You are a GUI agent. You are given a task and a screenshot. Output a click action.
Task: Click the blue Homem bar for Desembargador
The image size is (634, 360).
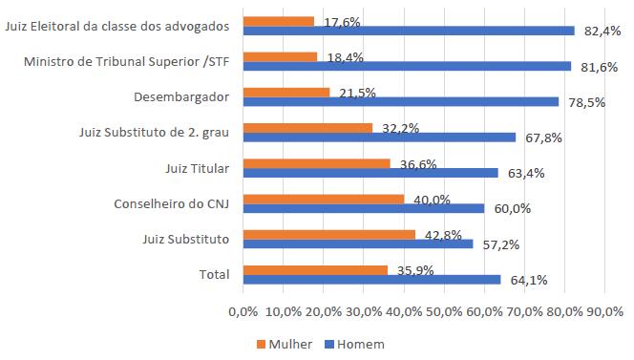click(x=401, y=101)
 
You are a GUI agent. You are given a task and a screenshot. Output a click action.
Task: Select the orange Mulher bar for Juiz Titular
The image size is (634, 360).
click(x=316, y=163)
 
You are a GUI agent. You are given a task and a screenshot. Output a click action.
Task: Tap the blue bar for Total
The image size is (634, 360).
click(x=371, y=280)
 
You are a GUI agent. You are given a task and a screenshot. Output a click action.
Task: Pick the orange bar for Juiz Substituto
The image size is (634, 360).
click(x=328, y=235)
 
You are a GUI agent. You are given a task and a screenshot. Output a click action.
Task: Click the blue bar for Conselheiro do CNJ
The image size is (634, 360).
click(x=364, y=208)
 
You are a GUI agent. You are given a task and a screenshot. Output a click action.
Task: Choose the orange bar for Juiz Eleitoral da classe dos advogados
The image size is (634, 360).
click(x=278, y=21)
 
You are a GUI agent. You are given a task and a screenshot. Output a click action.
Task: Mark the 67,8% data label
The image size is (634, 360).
click(x=543, y=138)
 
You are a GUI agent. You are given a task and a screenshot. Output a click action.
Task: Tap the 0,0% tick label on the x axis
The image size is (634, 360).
click(x=243, y=311)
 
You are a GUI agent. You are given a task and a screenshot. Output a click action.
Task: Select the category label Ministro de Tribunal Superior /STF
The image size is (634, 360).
click(x=126, y=63)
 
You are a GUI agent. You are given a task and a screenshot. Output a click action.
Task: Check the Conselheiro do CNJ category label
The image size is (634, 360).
click(x=172, y=203)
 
